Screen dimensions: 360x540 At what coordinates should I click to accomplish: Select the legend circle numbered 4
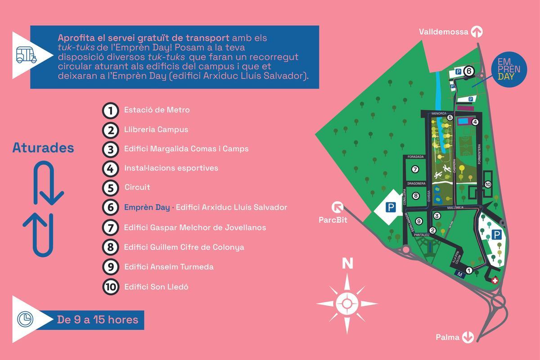click(110, 168)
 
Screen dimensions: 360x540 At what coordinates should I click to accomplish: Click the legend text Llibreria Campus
click(156, 130)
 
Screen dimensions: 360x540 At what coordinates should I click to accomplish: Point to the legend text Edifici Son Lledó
click(156, 287)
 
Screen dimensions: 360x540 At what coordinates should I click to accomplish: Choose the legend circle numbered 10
click(110, 287)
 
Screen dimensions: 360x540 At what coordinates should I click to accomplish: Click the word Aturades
click(43, 148)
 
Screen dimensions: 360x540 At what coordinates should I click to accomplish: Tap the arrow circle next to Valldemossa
click(477, 31)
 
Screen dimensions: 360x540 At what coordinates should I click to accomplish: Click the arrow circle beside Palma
click(468, 337)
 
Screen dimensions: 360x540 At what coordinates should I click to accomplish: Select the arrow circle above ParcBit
click(337, 207)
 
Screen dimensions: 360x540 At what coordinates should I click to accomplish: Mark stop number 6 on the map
click(468, 71)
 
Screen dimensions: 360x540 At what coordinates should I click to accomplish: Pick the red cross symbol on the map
click(495, 280)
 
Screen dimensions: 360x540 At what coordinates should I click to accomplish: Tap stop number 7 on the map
click(415, 169)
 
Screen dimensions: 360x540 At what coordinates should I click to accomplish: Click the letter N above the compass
click(347, 264)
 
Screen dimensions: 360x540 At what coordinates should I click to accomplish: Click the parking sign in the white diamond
click(391, 207)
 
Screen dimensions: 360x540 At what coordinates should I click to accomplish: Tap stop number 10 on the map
click(488, 184)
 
